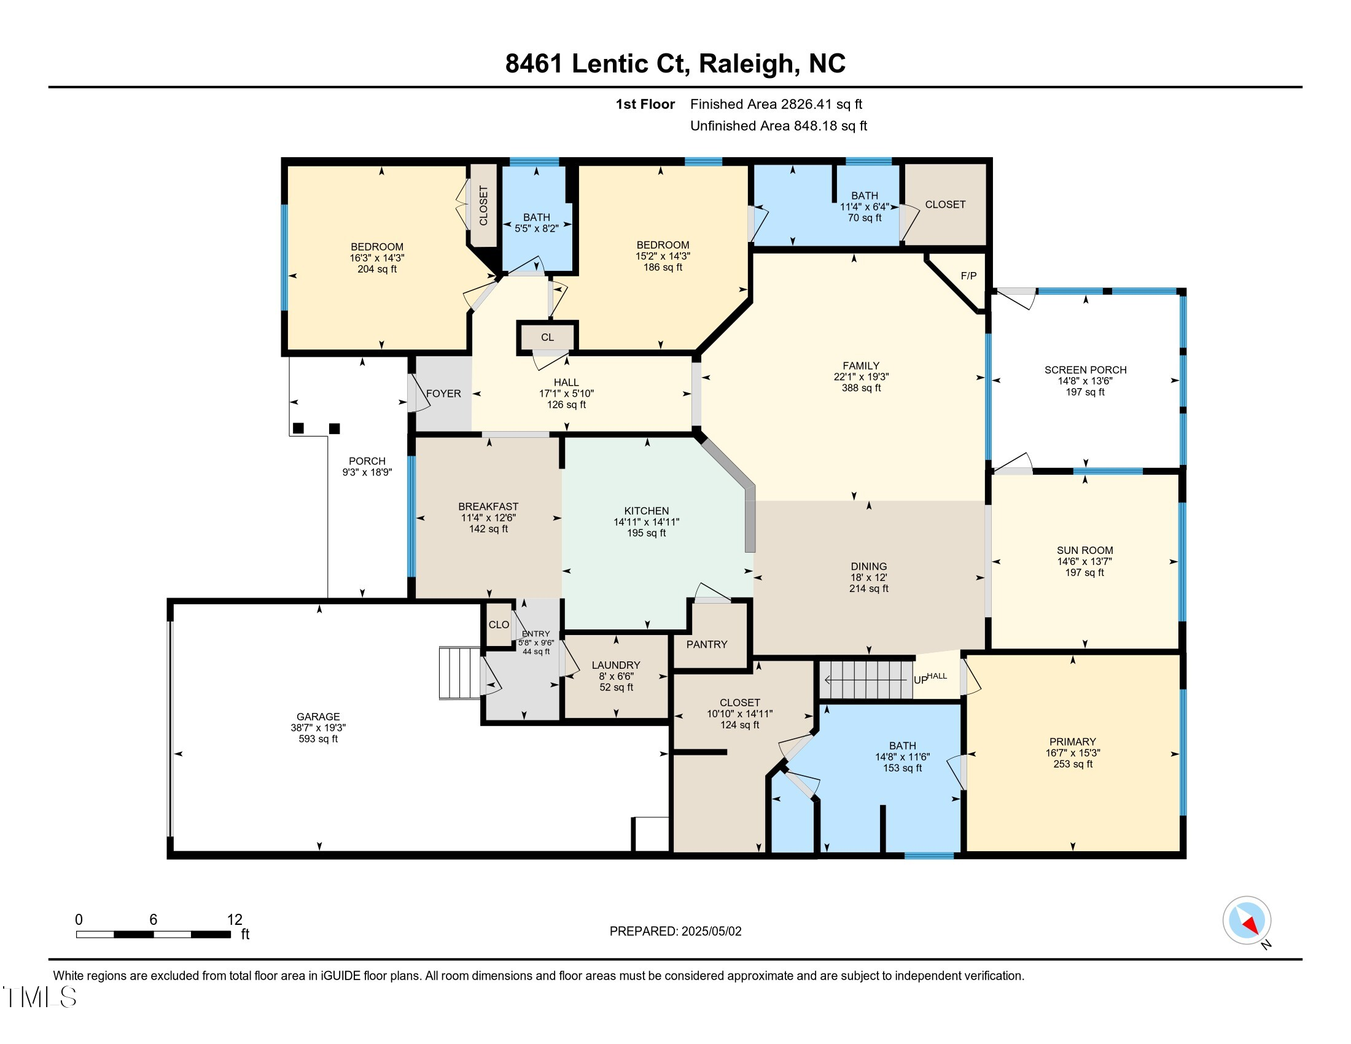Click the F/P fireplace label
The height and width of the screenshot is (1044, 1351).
click(968, 276)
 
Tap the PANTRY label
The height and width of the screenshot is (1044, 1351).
click(706, 644)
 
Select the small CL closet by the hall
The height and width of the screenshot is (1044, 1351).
click(547, 337)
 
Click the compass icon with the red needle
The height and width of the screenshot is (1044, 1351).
click(1247, 921)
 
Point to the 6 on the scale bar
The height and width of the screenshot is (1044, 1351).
click(154, 920)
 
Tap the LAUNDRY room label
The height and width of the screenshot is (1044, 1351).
click(615, 665)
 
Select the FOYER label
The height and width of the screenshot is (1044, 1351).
click(443, 394)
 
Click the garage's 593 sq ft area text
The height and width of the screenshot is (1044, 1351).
click(318, 739)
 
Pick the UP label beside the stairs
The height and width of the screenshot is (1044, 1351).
click(921, 680)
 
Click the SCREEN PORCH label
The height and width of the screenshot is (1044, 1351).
click(1086, 370)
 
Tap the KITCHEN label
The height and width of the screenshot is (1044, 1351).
click(647, 511)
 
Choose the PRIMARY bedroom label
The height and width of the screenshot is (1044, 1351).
click(1073, 742)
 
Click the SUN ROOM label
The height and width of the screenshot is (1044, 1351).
click(1085, 550)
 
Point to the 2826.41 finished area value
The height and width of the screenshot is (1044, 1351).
click(807, 104)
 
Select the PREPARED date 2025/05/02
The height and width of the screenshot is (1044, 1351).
click(711, 932)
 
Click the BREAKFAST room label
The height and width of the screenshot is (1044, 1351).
click(488, 507)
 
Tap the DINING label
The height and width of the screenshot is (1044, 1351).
click(868, 567)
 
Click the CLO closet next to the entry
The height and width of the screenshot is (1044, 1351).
click(499, 625)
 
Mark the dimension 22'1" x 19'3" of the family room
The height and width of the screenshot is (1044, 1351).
click(861, 376)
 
